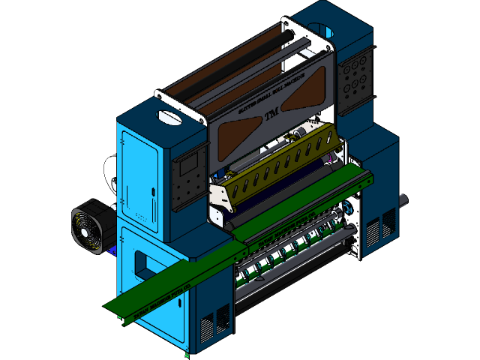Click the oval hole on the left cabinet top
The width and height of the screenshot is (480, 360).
pos(169,117)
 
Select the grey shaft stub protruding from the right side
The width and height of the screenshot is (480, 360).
pos(403,201)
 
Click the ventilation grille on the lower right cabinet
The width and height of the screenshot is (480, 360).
pos(388,225)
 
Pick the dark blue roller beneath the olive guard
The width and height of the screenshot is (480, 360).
pos(285,188)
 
